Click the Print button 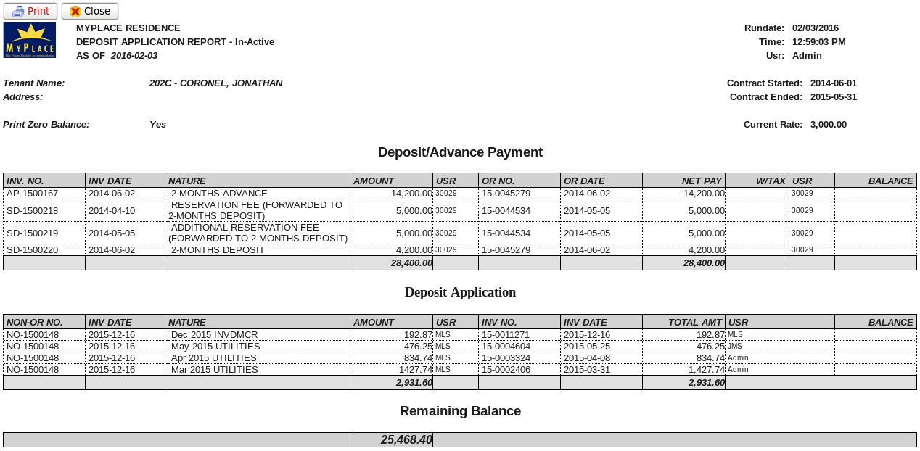click(x=30, y=11)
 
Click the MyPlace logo click(x=30, y=40)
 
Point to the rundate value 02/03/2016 click(x=815, y=28)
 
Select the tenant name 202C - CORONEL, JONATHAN click(x=215, y=83)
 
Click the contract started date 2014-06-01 click(x=833, y=83)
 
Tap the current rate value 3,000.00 click(x=828, y=125)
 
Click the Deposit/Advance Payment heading click(x=460, y=152)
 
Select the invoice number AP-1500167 click(x=33, y=194)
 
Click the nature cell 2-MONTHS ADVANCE click(x=219, y=194)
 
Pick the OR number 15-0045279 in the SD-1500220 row click(x=506, y=250)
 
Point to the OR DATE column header click(x=584, y=181)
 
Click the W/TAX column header click(x=771, y=181)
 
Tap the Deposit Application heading click(x=460, y=292)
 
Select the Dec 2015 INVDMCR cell click(x=214, y=335)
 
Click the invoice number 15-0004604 click(x=506, y=347)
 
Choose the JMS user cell click(x=735, y=347)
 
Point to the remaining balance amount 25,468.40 click(x=406, y=440)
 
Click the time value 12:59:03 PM click(x=818, y=42)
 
